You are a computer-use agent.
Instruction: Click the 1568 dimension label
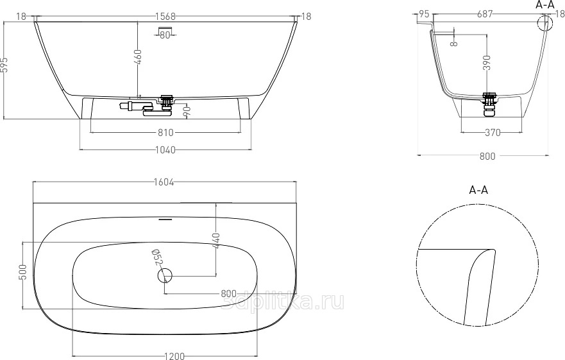(x=165, y=16)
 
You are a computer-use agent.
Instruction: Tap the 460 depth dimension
(x=139, y=58)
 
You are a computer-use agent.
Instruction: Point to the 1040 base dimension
(x=165, y=150)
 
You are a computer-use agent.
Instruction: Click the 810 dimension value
(x=165, y=133)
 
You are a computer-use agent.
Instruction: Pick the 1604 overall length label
(x=164, y=182)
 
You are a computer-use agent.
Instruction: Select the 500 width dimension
(x=22, y=272)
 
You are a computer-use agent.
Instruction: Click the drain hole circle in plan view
(x=165, y=276)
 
